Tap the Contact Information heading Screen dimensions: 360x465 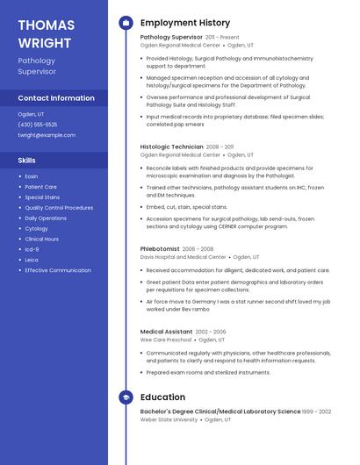(x=56, y=98)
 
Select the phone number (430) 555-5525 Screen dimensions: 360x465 (x=38, y=125)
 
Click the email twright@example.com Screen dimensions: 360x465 (x=47, y=135)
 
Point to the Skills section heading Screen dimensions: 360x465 (x=27, y=161)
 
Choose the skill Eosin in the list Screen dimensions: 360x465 (x=32, y=176)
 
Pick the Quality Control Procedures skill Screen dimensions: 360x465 (x=59, y=208)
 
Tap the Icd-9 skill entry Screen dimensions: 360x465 (x=32, y=249)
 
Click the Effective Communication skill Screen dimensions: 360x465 (x=58, y=270)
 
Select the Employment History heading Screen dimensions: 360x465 (x=185, y=23)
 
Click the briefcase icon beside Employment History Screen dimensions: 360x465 (x=126, y=23)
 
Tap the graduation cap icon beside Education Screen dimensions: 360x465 (x=126, y=397)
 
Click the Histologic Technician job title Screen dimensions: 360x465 (x=172, y=147)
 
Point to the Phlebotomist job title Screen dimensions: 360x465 (x=160, y=248)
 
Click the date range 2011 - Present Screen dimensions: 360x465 (x=222, y=38)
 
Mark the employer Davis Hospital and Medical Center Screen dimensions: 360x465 (x=183, y=257)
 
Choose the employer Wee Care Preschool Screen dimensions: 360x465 (x=166, y=340)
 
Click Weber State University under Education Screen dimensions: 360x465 (x=169, y=419)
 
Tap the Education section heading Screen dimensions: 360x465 (x=162, y=397)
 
